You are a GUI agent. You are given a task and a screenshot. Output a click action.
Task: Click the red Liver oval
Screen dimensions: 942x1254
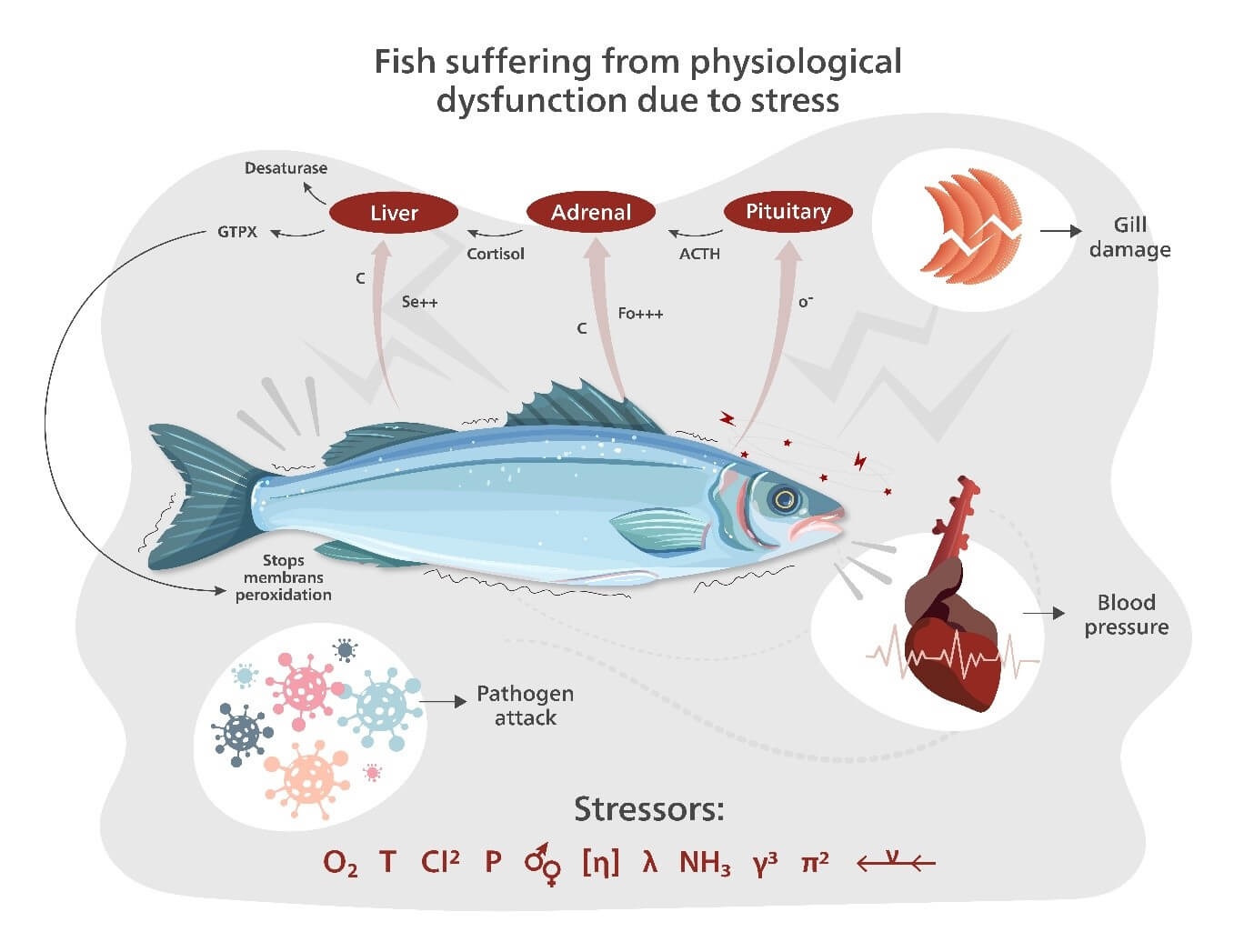click(x=393, y=214)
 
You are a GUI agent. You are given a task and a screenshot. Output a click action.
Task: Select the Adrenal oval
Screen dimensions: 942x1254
click(x=591, y=213)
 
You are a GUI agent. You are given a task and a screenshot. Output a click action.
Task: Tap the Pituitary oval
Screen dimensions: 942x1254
click(x=788, y=212)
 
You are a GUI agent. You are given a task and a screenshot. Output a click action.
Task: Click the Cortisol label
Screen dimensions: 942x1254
click(x=496, y=255)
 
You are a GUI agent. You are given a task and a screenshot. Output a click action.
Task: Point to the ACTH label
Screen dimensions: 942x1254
click(x=699, y=255)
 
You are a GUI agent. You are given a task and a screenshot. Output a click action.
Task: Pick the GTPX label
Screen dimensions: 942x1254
click(x=237, y=232)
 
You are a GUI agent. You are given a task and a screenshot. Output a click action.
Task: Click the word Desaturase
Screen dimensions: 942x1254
click(x=286, y=168)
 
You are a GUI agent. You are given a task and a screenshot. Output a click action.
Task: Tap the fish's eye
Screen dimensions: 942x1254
click(x=783, y=498)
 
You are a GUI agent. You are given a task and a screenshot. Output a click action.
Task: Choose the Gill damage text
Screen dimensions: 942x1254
click(x=1129, y=237)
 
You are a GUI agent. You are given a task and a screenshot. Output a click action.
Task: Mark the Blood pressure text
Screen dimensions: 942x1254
click(x=1126, y=615)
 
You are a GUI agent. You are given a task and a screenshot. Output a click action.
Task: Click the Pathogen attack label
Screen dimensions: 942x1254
click(x=525, y=706)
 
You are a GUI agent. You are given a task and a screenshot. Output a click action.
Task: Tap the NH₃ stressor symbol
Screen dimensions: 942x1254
click(x=705, y=862)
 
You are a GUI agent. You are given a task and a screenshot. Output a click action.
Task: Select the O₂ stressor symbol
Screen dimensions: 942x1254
click(x=340, y=862)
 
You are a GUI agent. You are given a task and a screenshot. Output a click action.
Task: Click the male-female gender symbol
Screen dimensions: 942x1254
click(x=543, y=865)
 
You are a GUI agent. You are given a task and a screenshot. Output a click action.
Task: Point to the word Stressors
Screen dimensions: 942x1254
click(x=648, y=808)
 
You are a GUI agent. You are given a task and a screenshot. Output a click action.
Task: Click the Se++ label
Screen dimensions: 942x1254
click(x=419, y=302)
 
